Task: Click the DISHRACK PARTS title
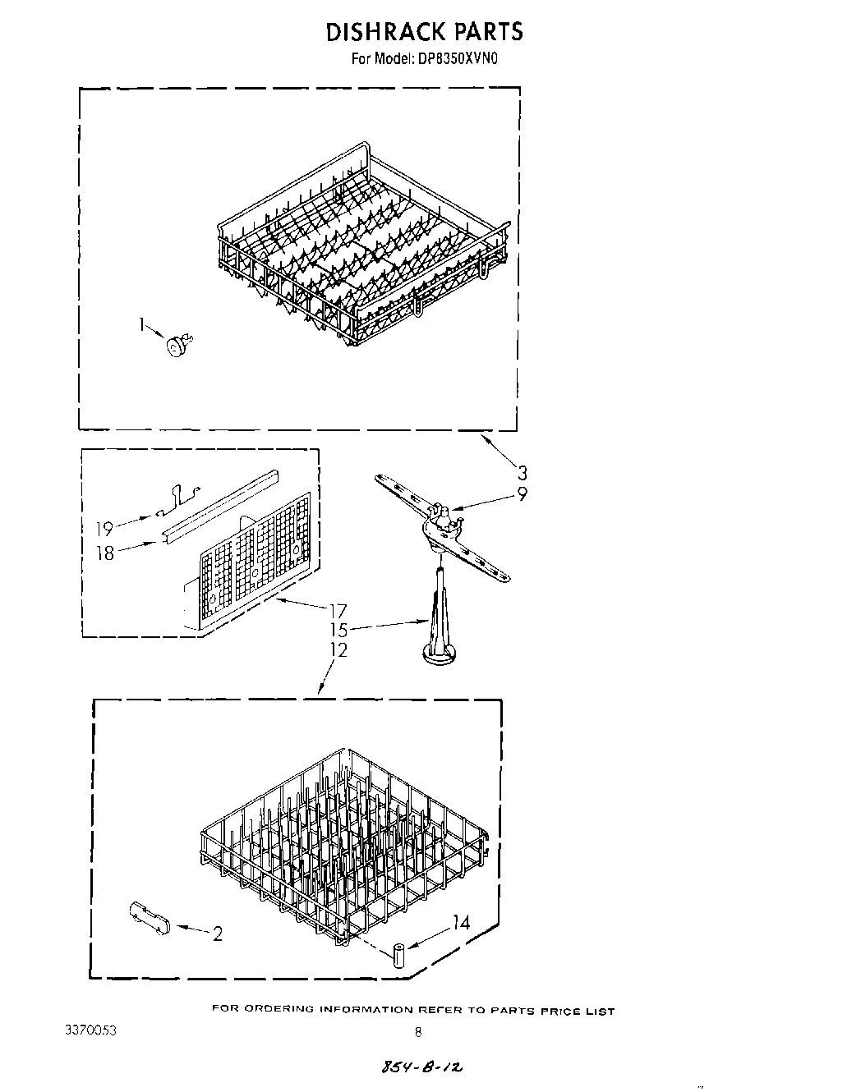pyautogui.click(x=424, y=32)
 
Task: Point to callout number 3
pyautogui.click(x=522, y=473)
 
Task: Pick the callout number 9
pyautogui.click(x=522, y=494)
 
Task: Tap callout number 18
pyautogui.click(x=105, y=553)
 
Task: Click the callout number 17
pyautogui.click(x=338, y=611)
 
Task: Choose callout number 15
pyautogui.click(x=338, y=631)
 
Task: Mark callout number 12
pyautogui.click(x=338, y=650)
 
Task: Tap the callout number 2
pyautogui.click(x=217, y=934)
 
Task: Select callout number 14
pyautogui.click(x=461, y=923)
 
